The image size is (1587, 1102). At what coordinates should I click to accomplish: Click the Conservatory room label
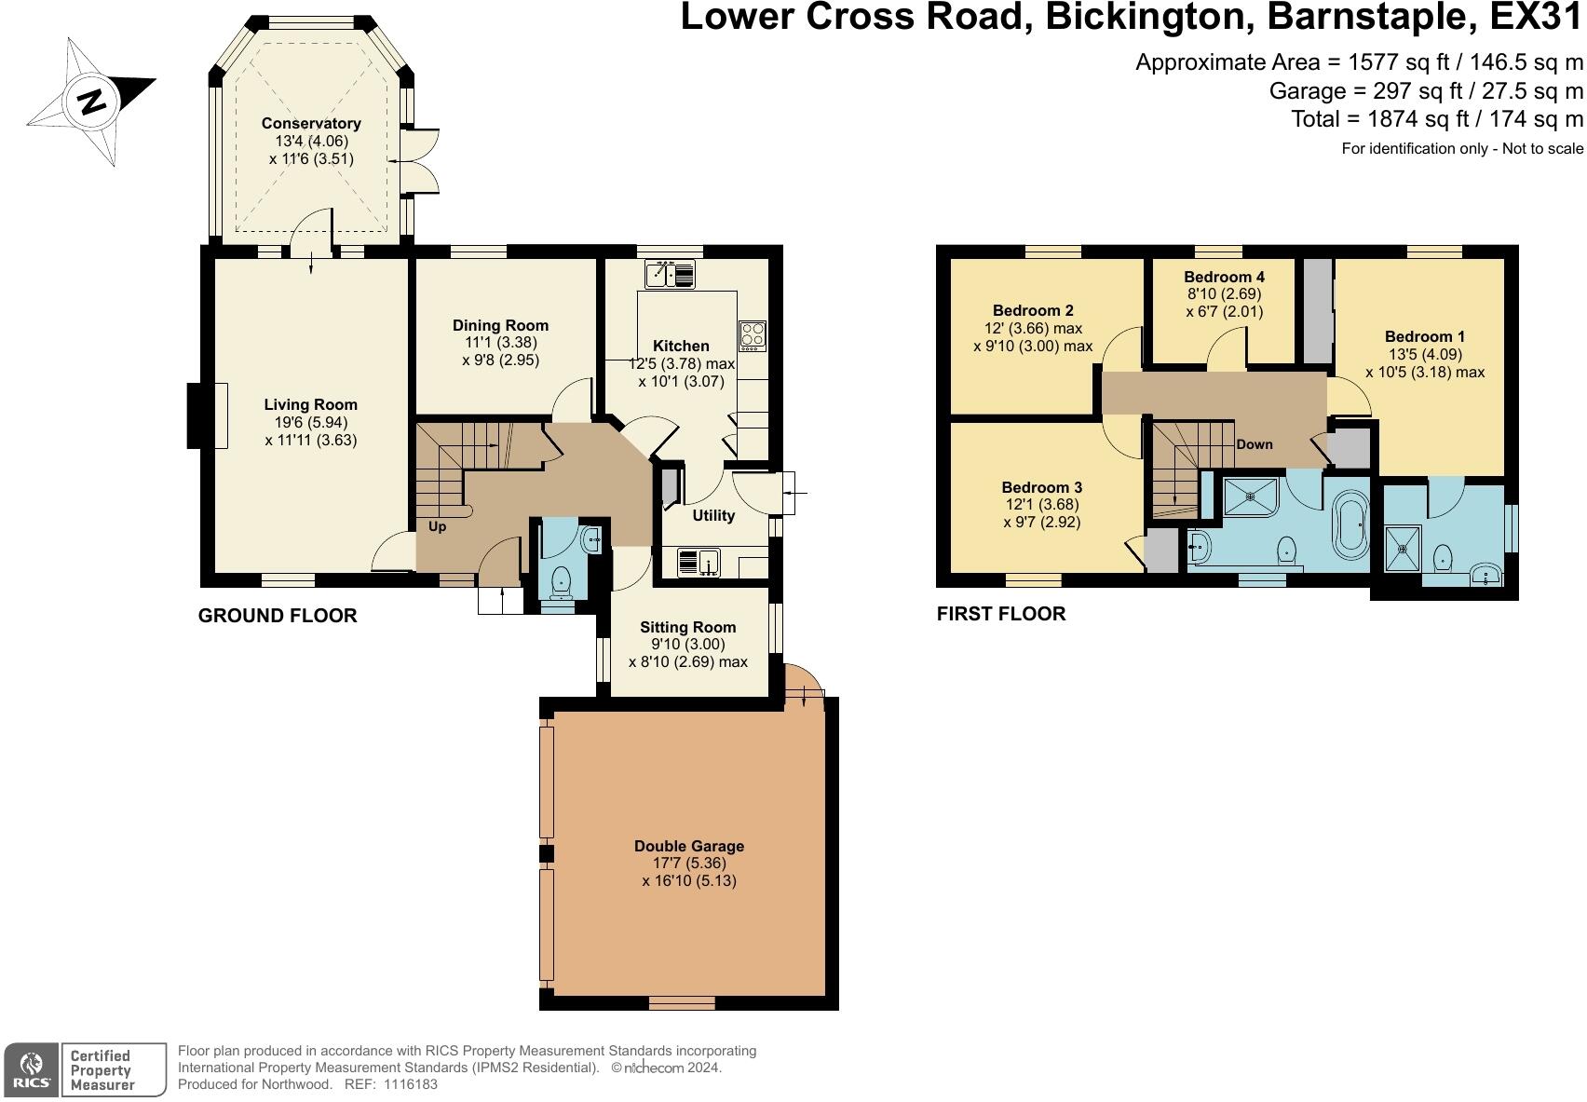[311, 123]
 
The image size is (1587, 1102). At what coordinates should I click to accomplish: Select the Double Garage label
[688, 846]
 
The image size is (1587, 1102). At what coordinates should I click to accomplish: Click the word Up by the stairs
[437, 526]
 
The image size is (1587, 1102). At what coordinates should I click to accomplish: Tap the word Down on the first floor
[1255, 444]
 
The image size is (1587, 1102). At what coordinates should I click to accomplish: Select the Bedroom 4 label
[1225, 277]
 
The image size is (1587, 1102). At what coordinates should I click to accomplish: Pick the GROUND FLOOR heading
[278, 615]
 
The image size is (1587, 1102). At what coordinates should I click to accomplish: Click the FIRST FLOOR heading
[1001, 614]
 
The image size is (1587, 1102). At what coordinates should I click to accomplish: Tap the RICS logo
[31, 1069]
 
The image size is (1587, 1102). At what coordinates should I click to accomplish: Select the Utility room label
[713, 515]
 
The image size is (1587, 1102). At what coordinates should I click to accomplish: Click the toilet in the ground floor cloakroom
[561, 582]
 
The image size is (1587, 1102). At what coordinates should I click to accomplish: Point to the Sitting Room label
[688, 627]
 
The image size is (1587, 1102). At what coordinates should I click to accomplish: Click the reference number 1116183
[410, 1084]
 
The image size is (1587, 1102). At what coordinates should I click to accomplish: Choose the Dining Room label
[500, 325]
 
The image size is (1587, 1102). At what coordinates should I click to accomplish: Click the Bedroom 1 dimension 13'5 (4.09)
[1426, 354]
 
